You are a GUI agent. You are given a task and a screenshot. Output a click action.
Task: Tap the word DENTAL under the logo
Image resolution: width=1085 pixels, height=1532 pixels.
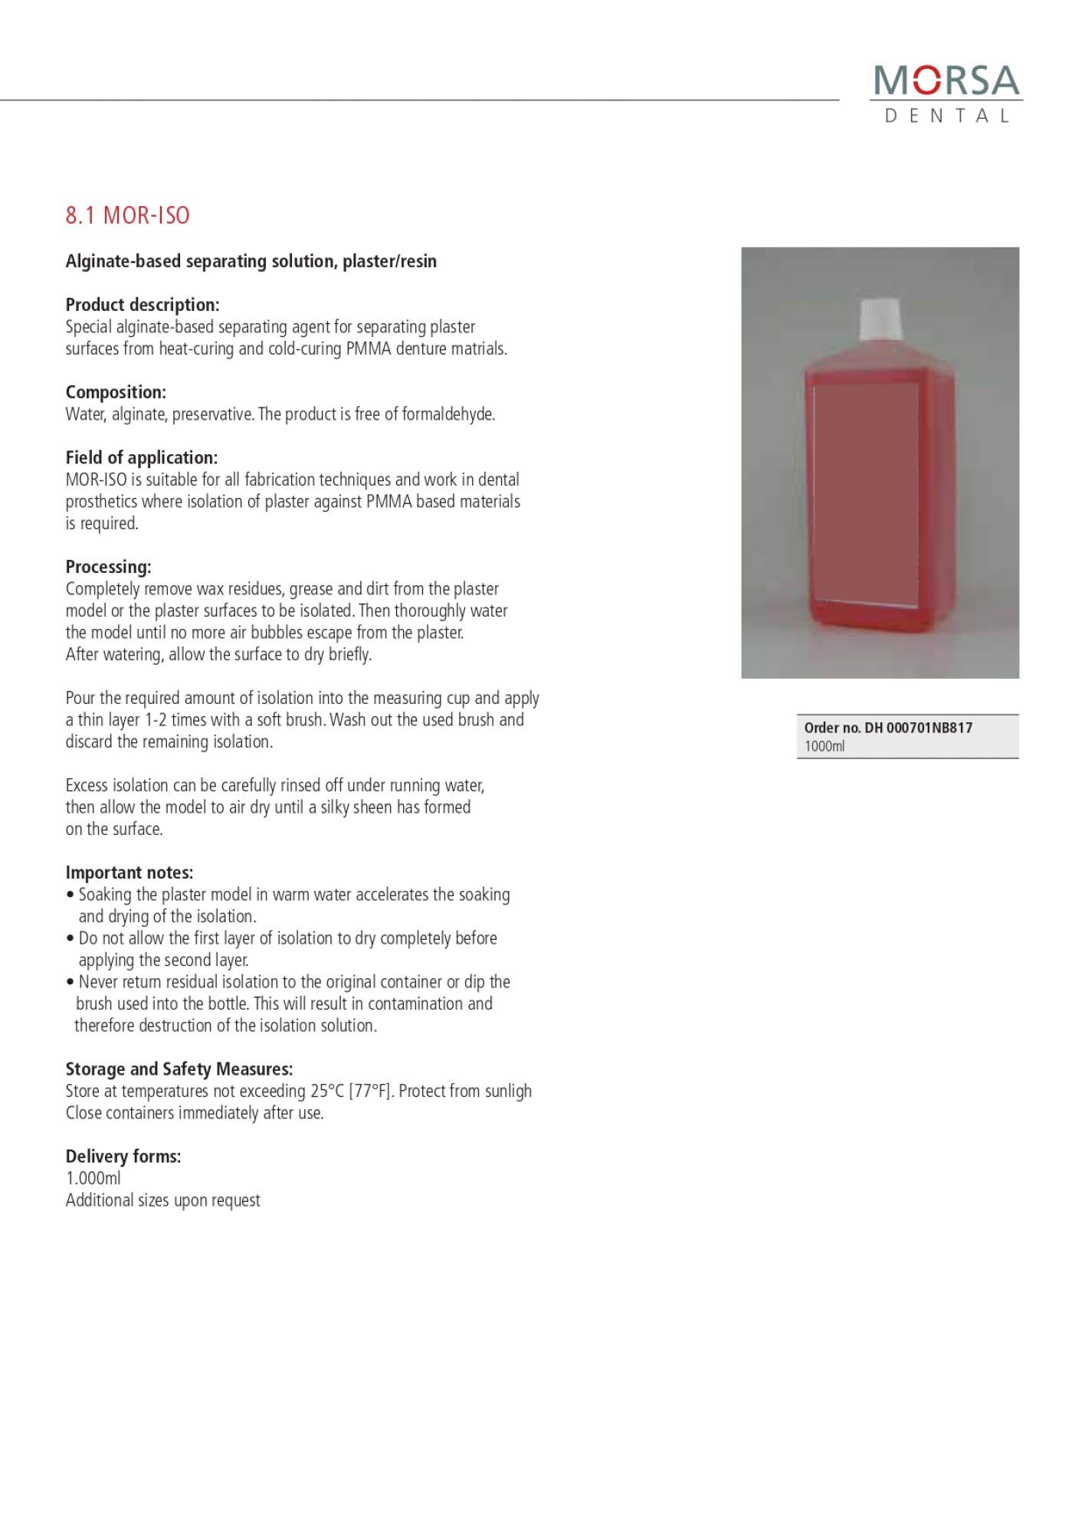click(x=946, y=116)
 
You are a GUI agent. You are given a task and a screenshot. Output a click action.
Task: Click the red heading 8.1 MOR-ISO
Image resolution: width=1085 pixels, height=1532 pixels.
click(x=127, y=215)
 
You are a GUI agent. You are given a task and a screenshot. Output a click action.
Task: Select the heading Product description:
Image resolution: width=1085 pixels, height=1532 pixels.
click(x=143, y=305)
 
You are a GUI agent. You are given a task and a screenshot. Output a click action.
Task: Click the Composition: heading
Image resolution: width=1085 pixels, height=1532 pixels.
click(x=116, y=392)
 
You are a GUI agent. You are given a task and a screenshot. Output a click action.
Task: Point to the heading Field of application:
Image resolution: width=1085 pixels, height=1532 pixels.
click(x=142, y=458)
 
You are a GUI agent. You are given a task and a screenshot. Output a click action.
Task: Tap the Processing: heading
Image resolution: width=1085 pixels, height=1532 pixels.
click(x=108, y=567)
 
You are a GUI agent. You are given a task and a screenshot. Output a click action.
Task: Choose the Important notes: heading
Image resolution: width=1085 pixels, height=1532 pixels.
click(x=129, y=872)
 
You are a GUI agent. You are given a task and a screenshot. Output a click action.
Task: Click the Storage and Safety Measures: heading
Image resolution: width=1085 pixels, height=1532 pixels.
click(x=179, y=1069)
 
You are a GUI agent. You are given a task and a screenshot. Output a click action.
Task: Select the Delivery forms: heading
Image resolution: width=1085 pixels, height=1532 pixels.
click(x=123, y=1157)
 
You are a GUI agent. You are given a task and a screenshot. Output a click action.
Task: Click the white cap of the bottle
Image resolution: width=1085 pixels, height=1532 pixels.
click(x=880, y=320)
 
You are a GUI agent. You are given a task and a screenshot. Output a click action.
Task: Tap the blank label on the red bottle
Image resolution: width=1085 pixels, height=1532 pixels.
click(x=865, y=494)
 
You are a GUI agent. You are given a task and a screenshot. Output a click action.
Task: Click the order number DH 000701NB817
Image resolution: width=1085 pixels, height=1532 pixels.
click(x=918, y=728)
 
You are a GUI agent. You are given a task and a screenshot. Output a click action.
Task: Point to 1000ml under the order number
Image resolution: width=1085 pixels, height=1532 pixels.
click(x=824, y=746)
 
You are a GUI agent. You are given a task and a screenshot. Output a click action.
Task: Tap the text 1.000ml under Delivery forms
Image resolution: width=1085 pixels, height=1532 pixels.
click(x=93, y=1178)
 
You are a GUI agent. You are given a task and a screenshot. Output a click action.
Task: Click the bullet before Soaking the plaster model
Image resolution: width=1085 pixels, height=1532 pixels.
click(x=70, y=895)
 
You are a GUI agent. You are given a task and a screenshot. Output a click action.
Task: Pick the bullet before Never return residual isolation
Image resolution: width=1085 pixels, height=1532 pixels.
click(x=70, y=982)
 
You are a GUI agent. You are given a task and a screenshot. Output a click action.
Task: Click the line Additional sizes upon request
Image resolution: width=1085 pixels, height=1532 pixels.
click(x=162, y=1200)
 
